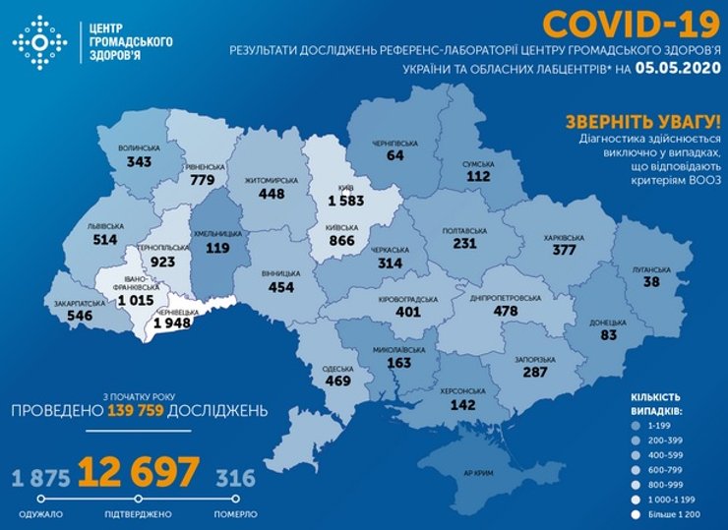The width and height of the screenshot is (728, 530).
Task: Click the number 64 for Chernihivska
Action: coord(395,154)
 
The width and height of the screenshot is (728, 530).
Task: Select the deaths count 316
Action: coord(235,478)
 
